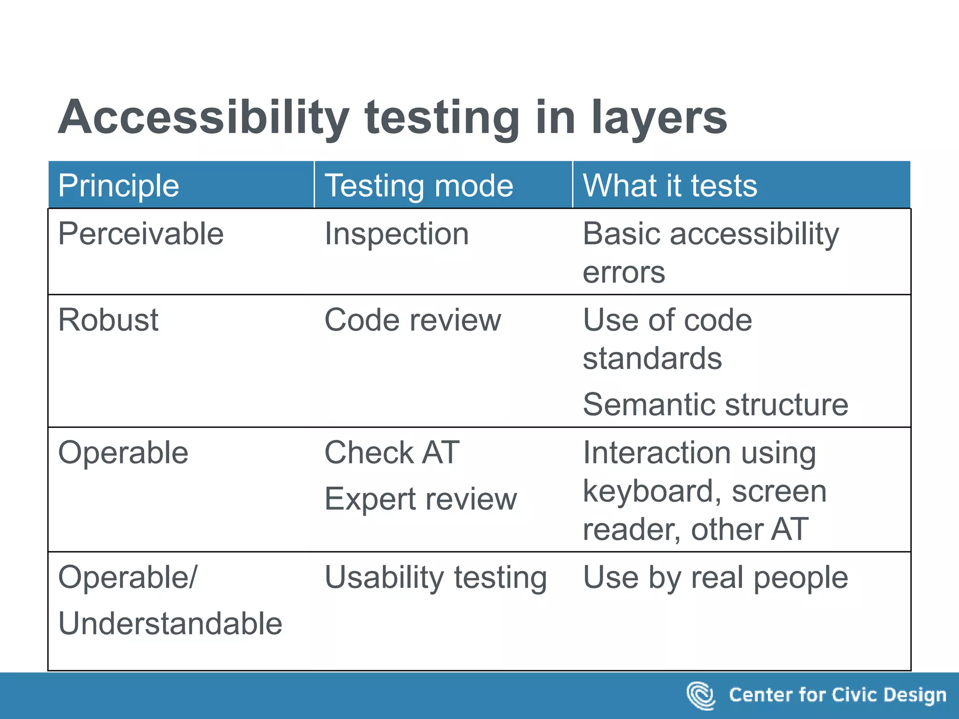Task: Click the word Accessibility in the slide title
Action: click(204, 117)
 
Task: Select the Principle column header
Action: click(118, 185)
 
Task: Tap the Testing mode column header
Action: click(419, 185)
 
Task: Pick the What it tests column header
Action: click(670, 185)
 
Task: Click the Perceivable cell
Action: click(140, 234)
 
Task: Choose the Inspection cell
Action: click(396, 234)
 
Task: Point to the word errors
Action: click(623, 272)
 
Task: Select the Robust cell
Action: click(108, 320)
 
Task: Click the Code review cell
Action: click(413, 320)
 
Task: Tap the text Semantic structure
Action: click(715, 404)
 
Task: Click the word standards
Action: click(652, 359)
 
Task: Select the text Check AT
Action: click(392, 453)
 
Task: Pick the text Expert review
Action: click(420, 499)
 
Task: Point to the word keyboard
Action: click(653, 492)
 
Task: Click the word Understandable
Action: click(170, 624)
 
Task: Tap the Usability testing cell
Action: click(435, 578)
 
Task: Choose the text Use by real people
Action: click(715, 578)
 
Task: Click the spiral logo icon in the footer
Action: click(701, 695)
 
